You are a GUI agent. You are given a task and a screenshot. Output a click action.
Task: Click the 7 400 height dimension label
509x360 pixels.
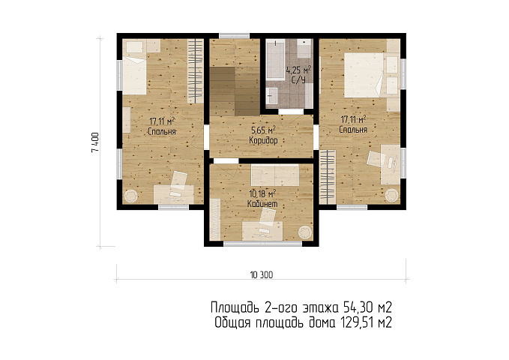tap(95, 142)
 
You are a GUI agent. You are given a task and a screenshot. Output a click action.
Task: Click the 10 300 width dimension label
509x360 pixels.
tap(262, 274)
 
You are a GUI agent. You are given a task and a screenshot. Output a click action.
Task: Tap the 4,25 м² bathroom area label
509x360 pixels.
tap(298, 70)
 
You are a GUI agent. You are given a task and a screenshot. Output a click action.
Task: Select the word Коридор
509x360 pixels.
tap(263, 141)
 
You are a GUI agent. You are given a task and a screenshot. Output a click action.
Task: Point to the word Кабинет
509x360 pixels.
tap(262, 204)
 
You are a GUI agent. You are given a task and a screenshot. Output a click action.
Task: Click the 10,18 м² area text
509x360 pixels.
tap(262, 194)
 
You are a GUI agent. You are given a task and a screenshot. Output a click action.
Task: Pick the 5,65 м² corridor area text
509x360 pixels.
tap(264, 130)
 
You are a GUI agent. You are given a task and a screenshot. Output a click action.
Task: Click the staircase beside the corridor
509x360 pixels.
tap(235, 91)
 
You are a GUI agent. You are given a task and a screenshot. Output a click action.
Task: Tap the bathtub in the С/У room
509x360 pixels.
tap(275, 59)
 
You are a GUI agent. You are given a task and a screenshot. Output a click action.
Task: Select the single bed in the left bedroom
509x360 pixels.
tap(134, 76)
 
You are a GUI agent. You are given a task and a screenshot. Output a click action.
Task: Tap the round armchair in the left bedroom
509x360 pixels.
tap(131, 196)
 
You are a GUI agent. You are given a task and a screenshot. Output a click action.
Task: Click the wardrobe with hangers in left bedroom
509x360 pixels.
tap(196, 71)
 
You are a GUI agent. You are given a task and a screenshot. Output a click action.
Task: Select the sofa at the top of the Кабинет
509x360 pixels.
tap(275, 175)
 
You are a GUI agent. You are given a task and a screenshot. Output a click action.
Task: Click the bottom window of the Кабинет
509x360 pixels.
tap(262, 244)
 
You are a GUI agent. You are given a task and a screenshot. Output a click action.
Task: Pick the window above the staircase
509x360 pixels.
tap(234, 36)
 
